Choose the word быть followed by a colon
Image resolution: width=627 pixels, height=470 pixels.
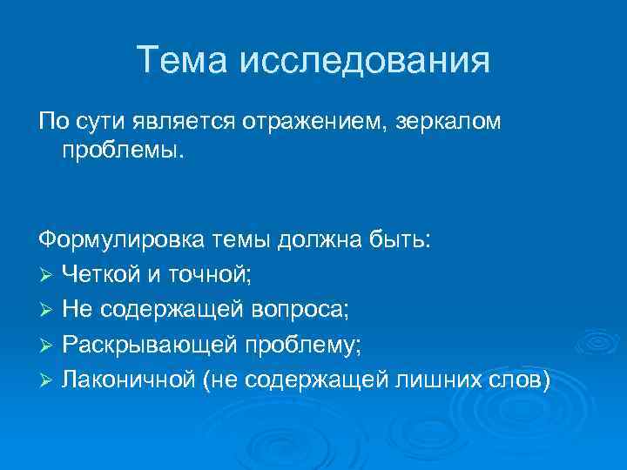[x=404, y=239]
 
